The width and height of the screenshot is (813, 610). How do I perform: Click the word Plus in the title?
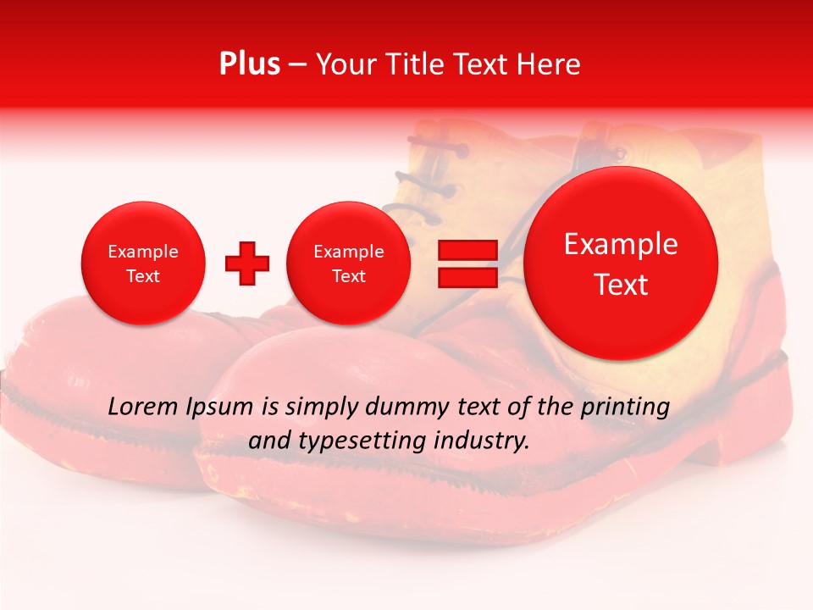[x=250, y=64]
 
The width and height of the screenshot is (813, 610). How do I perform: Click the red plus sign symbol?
[x=247, y=263]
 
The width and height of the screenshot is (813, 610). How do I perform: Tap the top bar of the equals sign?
[x=467, y=250]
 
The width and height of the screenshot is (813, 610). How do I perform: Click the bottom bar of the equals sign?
[x=467, y=278]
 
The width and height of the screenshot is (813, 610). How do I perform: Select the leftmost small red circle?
[x=143, y=263]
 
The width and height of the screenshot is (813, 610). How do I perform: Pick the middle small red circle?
[x=349, y=263]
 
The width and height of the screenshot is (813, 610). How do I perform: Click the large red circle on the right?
[x=621, y=263]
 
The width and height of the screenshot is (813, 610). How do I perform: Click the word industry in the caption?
[x=483, y=441]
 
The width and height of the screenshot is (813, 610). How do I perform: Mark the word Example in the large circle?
[x=621, y=244]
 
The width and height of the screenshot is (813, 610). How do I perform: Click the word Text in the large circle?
[x=621, y=285]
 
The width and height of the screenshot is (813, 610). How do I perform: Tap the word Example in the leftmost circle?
[x=143, y=252]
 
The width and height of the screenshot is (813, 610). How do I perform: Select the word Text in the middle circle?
[x=349, y=276]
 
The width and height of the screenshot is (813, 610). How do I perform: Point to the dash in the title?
[x=297, y=64]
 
